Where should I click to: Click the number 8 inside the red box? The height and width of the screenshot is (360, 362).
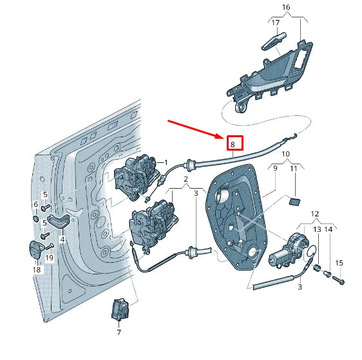click(x=233, y=144)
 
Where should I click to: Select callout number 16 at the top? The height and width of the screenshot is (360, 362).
click(x=286, y=7)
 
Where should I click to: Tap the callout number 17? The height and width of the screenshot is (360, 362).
click(x=275, y=23)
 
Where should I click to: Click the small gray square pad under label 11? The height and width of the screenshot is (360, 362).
click(x=295, y=201)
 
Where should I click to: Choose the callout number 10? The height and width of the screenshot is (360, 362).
click(x=286, y=155)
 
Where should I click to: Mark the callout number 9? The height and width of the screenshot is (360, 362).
click(x=275, y=169)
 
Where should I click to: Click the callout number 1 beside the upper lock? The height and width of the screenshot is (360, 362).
click(x=166, y=162)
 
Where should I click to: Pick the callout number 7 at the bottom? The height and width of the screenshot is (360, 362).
click(x=119, y=333)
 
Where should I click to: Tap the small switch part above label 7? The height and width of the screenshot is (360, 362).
click(x=119, y=308)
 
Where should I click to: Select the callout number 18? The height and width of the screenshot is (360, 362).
click(x=37, y=270)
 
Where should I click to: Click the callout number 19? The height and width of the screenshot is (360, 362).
click(x=50, y=258)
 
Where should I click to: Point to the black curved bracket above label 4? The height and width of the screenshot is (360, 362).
click(x=59, y=222)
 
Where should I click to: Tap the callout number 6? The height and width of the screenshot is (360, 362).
click(x=36, y=204)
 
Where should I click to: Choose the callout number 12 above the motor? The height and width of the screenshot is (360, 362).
click(x=314, y=213)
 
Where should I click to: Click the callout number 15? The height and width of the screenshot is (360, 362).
click(x=339, y=263)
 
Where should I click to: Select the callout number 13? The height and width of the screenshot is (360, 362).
click(x=317, y=229)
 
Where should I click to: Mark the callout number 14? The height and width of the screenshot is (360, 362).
click(x=329, y=229)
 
